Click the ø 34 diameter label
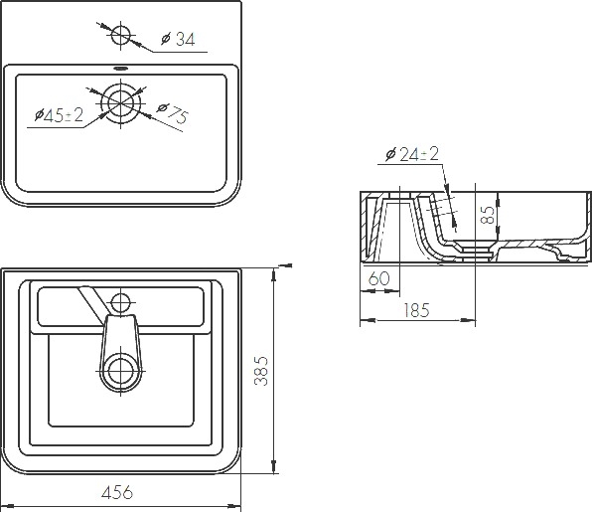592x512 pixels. click(x=178, y=39)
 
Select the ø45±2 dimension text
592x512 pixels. click(x=59, y=115)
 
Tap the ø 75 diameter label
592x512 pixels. click(x=172, y=112)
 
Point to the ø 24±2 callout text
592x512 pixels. click(x=412, y=154)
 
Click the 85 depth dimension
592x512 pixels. click(x=488, y=215)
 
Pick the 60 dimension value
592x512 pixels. click(x=378, y=278)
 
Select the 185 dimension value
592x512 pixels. click(x=416, y=310)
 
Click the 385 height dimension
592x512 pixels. click(x=261, y=371)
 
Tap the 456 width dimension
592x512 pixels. click(x=117, y=492)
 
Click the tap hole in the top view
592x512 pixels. click(x=120, y=35)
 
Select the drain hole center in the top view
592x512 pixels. click(x=120, y=102)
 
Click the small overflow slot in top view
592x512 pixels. click(x=120, y=69)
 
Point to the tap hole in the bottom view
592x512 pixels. click(x=120, y=303)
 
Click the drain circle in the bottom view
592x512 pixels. click(x=121, y=371)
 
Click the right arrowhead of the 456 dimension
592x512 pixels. click(x=234, y=506)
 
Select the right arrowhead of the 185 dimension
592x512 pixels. click(x=468, y=320)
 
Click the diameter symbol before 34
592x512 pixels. click(x=166, y=39)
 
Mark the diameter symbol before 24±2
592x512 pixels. click(x=390, y=154)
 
